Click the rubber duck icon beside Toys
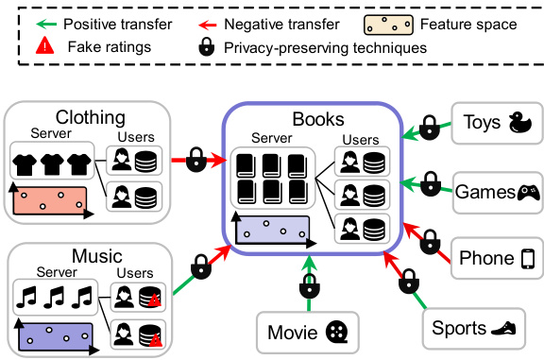[x=518, y=123]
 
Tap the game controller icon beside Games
[x=527, y=192]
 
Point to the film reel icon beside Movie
[x=335, y=333]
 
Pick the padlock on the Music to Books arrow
[x=200, y=267]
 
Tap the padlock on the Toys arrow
[x=430, y=126]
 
